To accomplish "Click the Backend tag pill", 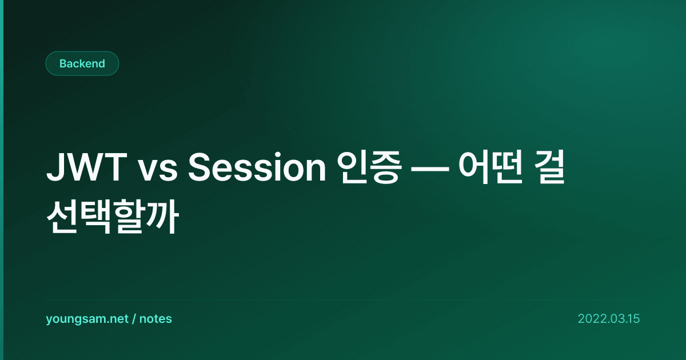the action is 82,63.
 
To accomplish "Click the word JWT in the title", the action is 87,167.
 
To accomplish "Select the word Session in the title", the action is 257,167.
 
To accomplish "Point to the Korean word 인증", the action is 369,167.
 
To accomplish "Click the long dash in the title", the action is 430,169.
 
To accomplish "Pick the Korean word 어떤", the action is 490,167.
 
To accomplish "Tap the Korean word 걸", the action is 549,167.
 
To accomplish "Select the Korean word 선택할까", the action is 113,217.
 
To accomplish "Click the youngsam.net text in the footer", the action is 87,319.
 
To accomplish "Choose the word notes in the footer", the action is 155,319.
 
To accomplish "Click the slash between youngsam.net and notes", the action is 134,319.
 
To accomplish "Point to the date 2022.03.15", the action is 609,319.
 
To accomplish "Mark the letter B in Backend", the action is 63,63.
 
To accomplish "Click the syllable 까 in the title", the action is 162,217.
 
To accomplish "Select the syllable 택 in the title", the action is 95,217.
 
